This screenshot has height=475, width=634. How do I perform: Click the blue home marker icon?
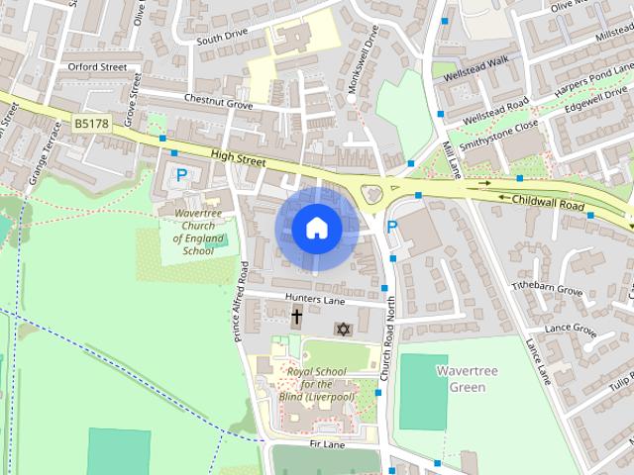(x=316, y=228)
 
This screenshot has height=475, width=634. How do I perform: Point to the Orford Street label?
(x=98, y=67)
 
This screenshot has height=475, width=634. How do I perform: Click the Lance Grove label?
(x=571, y=329)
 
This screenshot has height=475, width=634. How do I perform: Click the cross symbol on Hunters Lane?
(x=296, y=317)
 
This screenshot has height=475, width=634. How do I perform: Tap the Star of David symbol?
(x=344, y=329)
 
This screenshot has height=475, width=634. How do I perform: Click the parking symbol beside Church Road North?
(x=392, y=228)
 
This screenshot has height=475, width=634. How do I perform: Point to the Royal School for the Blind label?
(x=317, y=384)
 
